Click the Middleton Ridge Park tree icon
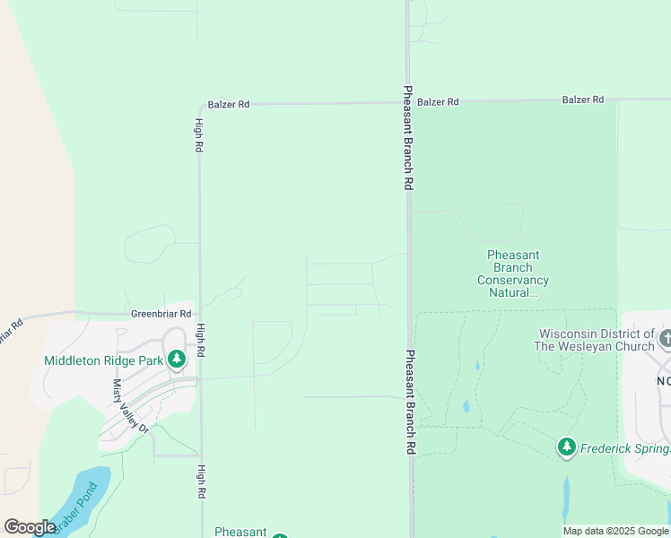click(x=177, y=360)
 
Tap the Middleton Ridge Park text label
click(x=104, y=360)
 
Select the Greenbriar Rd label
click(x=161, y=314)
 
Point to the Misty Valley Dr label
click(x=129, y=406)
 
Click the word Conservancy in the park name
click(x=513, y=280)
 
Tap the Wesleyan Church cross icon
click(x=665, y=339)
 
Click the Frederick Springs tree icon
click(x=566, y=447)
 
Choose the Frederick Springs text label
click(x=625, y=447)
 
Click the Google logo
click(x=30, y=527)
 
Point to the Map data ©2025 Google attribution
click(x=614, y=531)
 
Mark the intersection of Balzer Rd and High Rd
click(x=199, y=105)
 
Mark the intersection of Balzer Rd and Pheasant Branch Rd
click(x=408, y=102)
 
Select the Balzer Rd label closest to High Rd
click(x=228, y=104)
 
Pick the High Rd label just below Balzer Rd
click(x=199, y=135)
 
